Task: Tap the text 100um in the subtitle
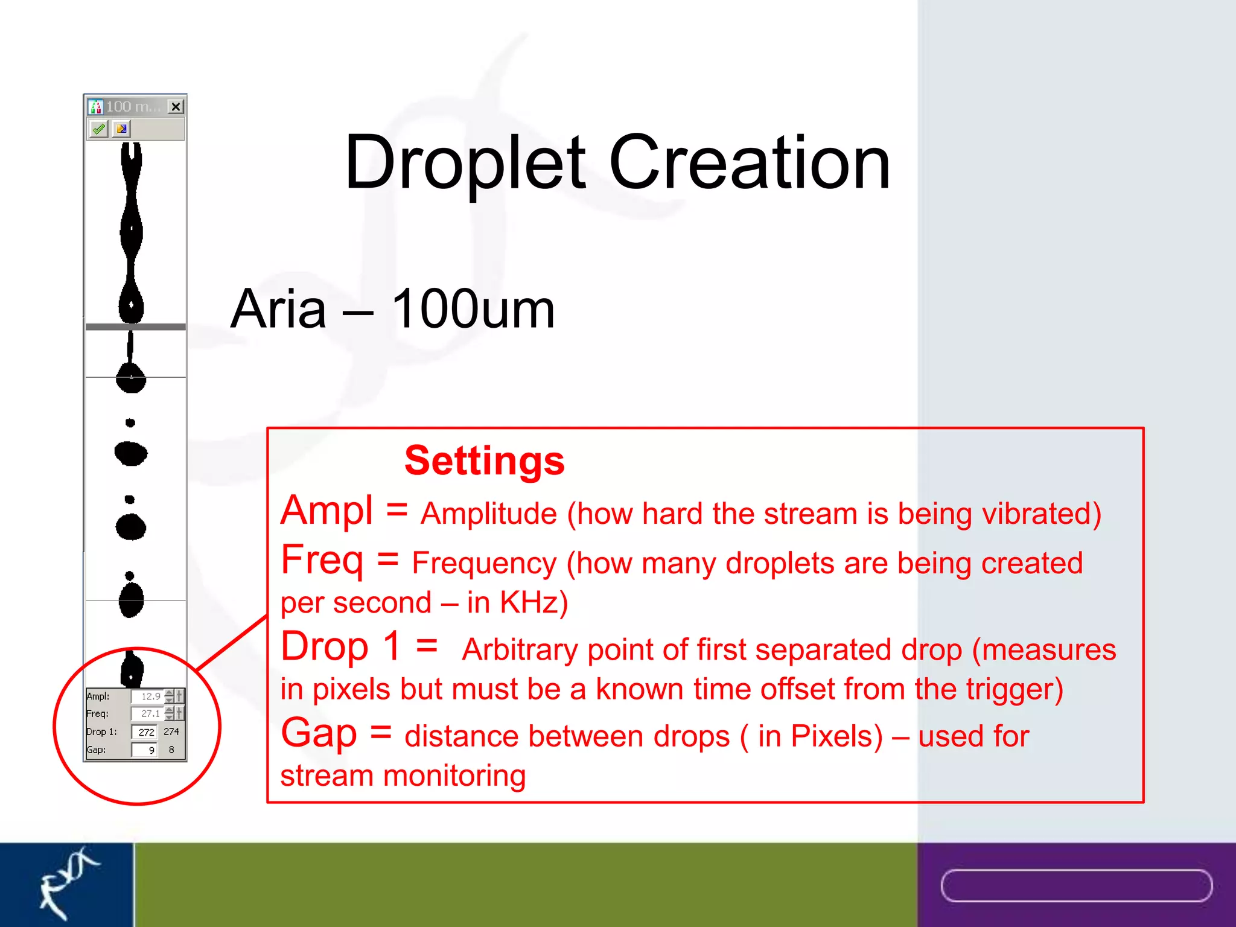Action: (x=473, y=309)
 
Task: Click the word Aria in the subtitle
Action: (x=278, y=309)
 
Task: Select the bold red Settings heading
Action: (x=484, y=461)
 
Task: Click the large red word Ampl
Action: (x=327, y=511)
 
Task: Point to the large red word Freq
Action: (x=322, y=560)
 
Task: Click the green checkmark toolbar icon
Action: (x=98, y=129)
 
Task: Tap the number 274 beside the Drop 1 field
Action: (x=171, y=731)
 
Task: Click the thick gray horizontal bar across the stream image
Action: (x=135, y=327)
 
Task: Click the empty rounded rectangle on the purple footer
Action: (x=1076, y=885)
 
